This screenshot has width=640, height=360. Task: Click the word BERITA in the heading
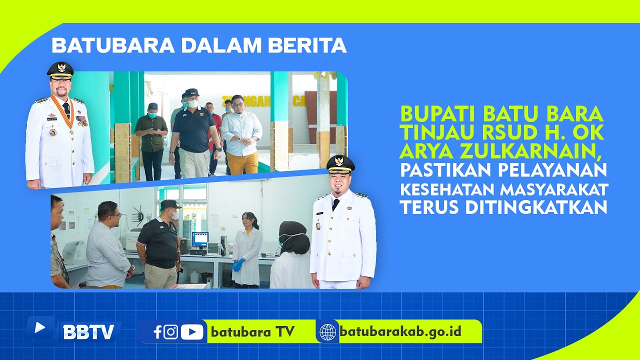pos(307,45)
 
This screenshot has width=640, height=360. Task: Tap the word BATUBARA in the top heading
pos(113,45)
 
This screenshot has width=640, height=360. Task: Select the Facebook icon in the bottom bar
pos(157,332)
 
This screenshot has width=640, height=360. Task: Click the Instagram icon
pos(170,332)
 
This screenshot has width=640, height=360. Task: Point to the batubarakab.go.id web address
pos(400,331)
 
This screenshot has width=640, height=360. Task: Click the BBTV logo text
pos(88,332)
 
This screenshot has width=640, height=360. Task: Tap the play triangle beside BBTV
pos(39,327)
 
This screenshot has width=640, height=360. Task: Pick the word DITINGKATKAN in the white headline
pos(536,207)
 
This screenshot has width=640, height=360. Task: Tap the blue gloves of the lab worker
pos(237,265)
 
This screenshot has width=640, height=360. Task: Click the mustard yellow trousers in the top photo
pos(243,163)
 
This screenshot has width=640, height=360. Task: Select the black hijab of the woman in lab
pos(294,237)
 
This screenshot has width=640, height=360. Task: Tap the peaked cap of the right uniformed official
pos(340,165)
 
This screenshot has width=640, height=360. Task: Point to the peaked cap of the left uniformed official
pos(60,70)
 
